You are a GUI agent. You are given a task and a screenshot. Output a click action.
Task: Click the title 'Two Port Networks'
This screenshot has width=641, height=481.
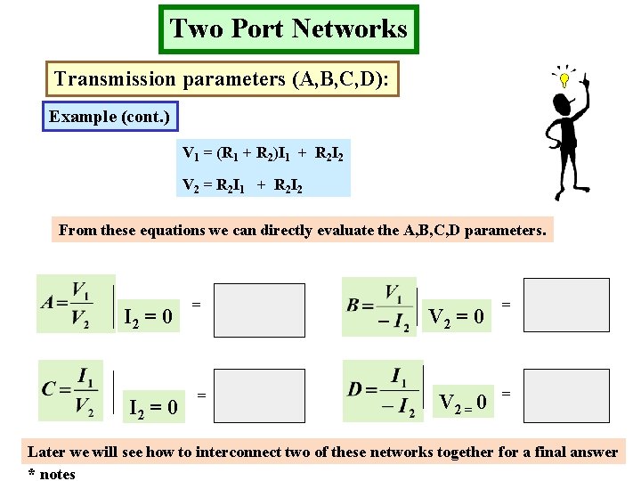(x=288, y=29)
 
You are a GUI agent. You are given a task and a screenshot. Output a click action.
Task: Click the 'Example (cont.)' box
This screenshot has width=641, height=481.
(x=110, y=117)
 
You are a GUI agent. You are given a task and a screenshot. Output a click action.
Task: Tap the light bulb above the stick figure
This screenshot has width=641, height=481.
(x=564, y=79)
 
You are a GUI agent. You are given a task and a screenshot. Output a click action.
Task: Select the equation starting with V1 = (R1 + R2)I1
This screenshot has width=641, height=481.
(x=264, y=153)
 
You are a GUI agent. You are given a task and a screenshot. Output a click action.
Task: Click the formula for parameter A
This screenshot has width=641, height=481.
(x=76, y=303)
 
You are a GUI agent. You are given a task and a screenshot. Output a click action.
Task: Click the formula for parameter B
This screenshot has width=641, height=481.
(x=379, y=307)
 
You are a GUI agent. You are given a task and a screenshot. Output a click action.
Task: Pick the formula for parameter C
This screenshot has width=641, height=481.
(x=69, y=390)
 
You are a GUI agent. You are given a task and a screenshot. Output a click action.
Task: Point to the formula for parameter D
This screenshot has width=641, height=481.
(x=382, y=390)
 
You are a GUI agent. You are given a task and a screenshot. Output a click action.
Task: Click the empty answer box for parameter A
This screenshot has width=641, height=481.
(x=260, y=310)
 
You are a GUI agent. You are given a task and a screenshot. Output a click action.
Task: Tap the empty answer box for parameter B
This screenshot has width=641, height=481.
(x=566, y=305)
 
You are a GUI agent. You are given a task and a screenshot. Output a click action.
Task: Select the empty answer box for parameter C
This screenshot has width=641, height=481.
(x=260, y=395)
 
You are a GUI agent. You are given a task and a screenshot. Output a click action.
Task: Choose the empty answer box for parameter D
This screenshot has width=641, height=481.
(x=566, y=391)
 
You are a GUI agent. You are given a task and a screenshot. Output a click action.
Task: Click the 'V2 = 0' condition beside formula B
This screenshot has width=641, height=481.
(x=458, y=316)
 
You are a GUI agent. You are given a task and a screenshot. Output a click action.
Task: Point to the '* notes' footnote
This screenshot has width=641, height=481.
(x=52, y=474)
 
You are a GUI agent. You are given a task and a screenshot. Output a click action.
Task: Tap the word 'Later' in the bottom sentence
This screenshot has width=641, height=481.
(x=46, y=452)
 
